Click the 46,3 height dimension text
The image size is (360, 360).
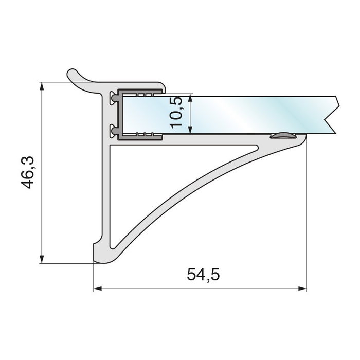click(28, 172)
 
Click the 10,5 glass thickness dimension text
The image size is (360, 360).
click(175, 112)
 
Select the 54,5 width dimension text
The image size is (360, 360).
click(203, 275)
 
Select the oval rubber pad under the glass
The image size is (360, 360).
click(282, 136)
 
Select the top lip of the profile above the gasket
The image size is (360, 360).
click(139, 85)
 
